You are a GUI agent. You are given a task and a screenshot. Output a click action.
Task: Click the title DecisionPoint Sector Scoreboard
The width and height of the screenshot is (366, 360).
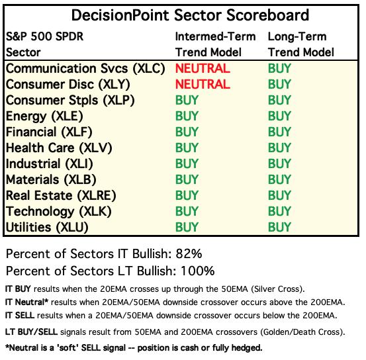click(190, 15)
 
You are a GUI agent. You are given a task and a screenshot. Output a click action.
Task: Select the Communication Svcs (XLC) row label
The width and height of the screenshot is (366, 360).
click(85, 69)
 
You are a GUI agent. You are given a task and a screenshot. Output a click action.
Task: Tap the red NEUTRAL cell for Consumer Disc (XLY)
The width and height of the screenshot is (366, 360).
click(203, 84)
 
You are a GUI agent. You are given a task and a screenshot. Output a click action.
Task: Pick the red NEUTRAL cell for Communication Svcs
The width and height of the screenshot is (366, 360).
click(203, 68)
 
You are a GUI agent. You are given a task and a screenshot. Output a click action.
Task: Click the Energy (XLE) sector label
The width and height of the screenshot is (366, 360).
click(44, 116)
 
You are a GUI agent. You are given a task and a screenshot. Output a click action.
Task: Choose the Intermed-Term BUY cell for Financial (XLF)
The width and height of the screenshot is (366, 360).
click(187, 132)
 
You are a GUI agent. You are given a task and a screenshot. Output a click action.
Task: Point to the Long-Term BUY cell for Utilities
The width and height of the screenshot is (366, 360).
click(279, 227)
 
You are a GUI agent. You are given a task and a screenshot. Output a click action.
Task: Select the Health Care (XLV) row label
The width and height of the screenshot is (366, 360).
click(59, 148)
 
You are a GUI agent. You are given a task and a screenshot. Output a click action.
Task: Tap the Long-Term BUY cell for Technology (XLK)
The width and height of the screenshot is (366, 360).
click(279, 211)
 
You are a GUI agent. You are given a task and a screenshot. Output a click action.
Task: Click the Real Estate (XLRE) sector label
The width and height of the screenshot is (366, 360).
click(61, 196)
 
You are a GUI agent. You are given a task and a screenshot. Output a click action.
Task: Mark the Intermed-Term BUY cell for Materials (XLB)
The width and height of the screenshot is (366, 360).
click(187, 179)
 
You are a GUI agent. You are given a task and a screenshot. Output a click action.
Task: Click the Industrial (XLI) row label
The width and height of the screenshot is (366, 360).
click(49, 164)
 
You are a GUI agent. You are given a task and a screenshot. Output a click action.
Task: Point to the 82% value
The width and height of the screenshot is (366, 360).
click(189, 253)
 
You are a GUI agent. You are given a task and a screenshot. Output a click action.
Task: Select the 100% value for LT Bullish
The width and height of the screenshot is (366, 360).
click(197, 271)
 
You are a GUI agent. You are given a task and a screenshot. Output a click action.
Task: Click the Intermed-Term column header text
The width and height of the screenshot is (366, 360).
click(215, 36)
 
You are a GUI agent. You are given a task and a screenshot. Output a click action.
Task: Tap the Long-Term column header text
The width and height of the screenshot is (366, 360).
click(297, 37)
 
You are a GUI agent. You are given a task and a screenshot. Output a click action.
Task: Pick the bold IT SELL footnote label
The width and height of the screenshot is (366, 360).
click(20, 316)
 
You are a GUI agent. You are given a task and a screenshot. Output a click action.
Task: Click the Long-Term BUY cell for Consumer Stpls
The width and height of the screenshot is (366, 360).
click(279, 100)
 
